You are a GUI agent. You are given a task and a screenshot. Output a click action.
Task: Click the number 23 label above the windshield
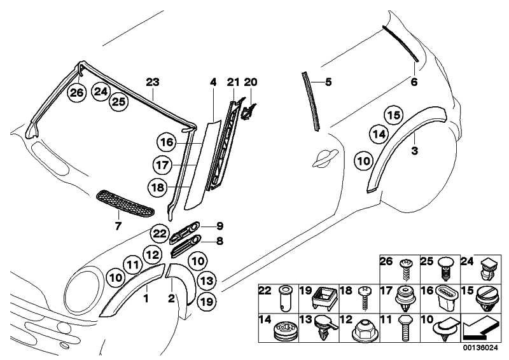(x=153, y=81)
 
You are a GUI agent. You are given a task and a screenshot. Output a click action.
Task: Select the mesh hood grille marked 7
(x=124, y=203)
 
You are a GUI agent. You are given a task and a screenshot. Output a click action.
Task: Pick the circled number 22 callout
(x=159, y=234)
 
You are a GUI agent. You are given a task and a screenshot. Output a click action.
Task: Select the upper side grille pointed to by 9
(x=186, y=232)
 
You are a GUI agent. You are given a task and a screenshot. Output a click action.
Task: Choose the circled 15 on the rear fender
(x=393, y=115)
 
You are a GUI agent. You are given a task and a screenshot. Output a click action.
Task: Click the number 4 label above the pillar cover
(x=213, y=81)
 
